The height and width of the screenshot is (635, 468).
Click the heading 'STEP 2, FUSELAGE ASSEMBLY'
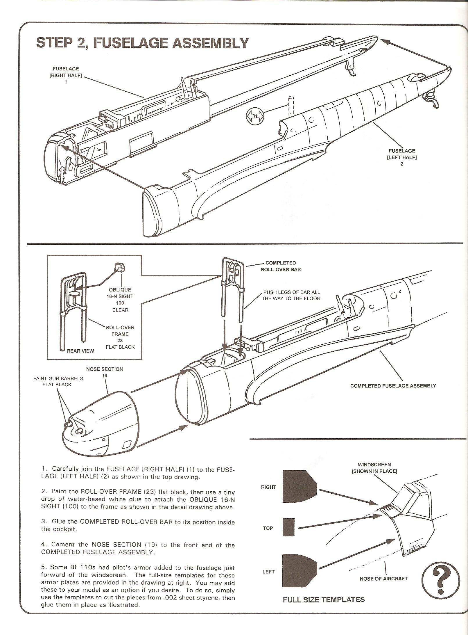pyautogui.click(x=142, y=43)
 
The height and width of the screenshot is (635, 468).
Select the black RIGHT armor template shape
pyautogui.click(x=299, y=486)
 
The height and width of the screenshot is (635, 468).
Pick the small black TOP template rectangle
pyautogui.click(x=288, y=527)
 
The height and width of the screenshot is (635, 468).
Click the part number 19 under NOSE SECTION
pyautogui.click(x=105, y=376)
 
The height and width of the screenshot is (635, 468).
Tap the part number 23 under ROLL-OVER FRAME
pyautogui.click(x=120, y=340)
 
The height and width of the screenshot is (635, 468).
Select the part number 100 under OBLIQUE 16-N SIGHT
pyautogui.click(x=120, y=303)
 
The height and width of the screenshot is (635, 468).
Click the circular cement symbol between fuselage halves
pyautogui.click(x=254, y=116)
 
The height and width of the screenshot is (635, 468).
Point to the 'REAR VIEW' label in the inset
pyautogui.click(x=80, y=351)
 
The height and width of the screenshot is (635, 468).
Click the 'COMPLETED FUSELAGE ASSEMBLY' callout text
pyautogui.click(x=393, y=386)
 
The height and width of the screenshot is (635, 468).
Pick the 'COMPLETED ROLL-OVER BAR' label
pyautogui.click(x=281, y=266)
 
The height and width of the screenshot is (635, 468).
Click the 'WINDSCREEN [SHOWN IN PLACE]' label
pyautogui.click(x=374, y=468)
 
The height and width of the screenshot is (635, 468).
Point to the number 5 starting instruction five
pyautogui.click(x=43, y=567)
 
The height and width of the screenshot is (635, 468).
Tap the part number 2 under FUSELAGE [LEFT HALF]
pyautogui.click(x=402, y=164)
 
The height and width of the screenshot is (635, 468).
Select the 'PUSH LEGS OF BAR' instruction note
pyautogui.click(x=291, y=295)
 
